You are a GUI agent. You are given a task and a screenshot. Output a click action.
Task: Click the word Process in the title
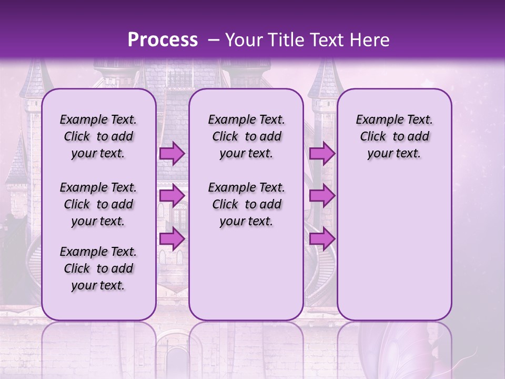point(163,39)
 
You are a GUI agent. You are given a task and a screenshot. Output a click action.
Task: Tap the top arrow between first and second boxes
point(172,153)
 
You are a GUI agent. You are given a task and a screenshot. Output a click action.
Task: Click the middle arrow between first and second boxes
point(172,196)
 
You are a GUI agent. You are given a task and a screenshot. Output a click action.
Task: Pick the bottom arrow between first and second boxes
point(172,238)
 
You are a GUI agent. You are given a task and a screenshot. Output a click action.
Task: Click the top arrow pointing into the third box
point(322,153)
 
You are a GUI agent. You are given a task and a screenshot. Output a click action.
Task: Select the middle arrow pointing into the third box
point(322,196)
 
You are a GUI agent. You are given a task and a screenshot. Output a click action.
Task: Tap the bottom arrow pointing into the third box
point(322,238)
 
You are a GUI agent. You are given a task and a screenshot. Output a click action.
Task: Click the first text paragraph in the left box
point(98,136)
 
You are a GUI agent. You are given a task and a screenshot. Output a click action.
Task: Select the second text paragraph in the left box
point(98,204)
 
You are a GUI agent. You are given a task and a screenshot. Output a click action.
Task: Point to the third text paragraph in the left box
point(98,268)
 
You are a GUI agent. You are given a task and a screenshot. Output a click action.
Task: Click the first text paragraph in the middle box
point(246,136)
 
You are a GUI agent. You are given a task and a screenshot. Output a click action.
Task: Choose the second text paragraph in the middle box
point(246,204)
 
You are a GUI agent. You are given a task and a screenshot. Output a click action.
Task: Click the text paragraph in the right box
point(394,136)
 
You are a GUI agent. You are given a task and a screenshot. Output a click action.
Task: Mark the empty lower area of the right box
point(394,242)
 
